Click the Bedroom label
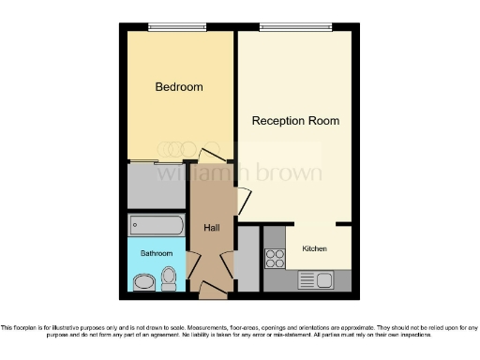(x=178, y=87)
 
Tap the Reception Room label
(x=294, y=121)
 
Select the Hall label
(x=211, y=228)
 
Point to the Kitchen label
(x=315, y=247)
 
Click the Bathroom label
(x=157, y=253)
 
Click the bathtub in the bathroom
(x=157, y=225)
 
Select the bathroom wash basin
(x=143, y=282)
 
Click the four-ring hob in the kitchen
(x=276, y=254)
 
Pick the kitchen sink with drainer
(x=315, y=278)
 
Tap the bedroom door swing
(x=212, y=156)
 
